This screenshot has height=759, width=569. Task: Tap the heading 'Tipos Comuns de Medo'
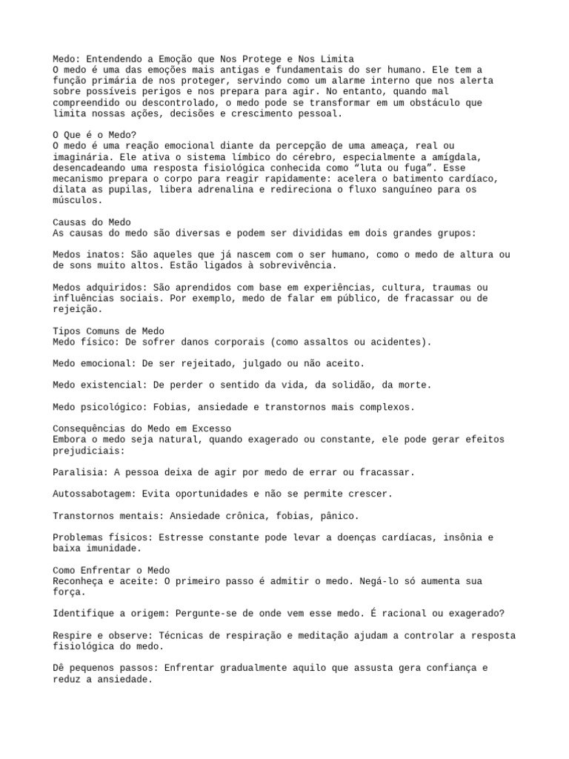[x=109, y=331]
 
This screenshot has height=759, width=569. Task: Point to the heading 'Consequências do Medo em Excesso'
[x=142, y=428]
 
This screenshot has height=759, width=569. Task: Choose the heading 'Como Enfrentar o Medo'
[x=112, y=570]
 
